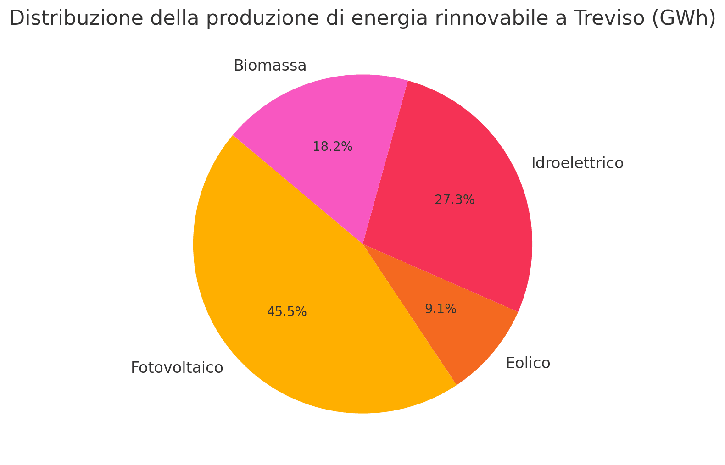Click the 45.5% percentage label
click(287, 312)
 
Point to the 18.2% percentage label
click(333, 147)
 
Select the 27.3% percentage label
click(454, 200)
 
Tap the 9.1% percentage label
click(441, 309)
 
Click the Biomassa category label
click(270, 66)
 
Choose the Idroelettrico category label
click(577, 163)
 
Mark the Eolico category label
click(528, 363)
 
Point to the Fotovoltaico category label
click(177, 368)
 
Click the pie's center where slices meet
click(363, 244)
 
